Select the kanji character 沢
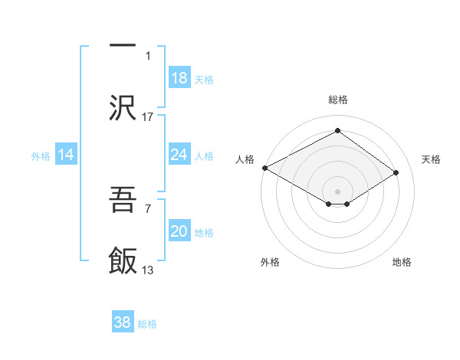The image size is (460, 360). click(x=123, y=106)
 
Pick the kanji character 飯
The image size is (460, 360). click(x=123, y=260)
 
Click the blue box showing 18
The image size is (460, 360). click(x=179, y=77)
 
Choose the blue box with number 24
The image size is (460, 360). click(x=179, y=155)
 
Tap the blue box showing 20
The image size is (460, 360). click(x=179, y=231)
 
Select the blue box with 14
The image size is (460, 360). click(x=66, y=155)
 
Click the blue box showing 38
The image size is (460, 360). click(x=123, y=322)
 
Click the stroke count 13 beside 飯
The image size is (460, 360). click(x=148, y=270)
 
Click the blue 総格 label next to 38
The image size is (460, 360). click(x=148, y=324)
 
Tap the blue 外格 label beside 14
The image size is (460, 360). click(x=41, y=155)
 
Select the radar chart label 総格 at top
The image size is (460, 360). click(x=337, y=100)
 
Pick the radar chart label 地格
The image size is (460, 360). click(x=402, y=262)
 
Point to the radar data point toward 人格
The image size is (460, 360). click(x=264, y=168)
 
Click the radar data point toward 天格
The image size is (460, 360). click(x=396, y=173)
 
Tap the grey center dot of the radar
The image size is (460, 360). click(x=337, y=191)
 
